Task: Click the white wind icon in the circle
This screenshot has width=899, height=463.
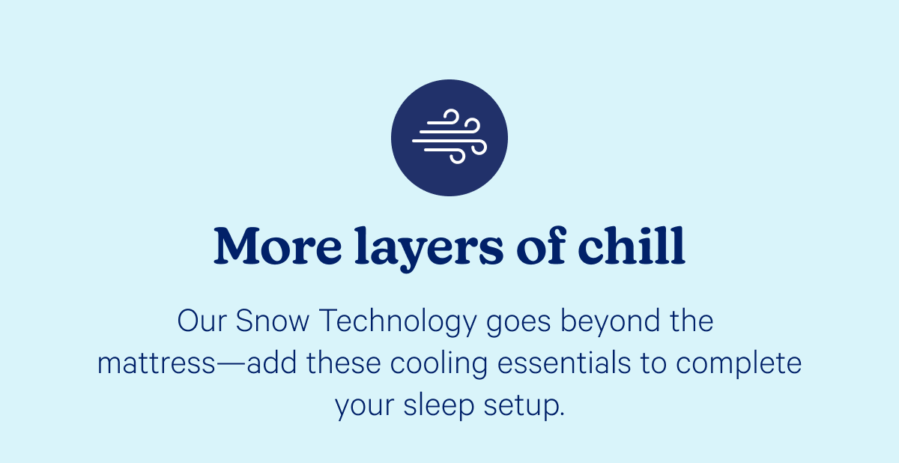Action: pos(449,138)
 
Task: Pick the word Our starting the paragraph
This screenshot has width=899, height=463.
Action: pos(202,322)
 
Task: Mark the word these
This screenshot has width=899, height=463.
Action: pos(343,364)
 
